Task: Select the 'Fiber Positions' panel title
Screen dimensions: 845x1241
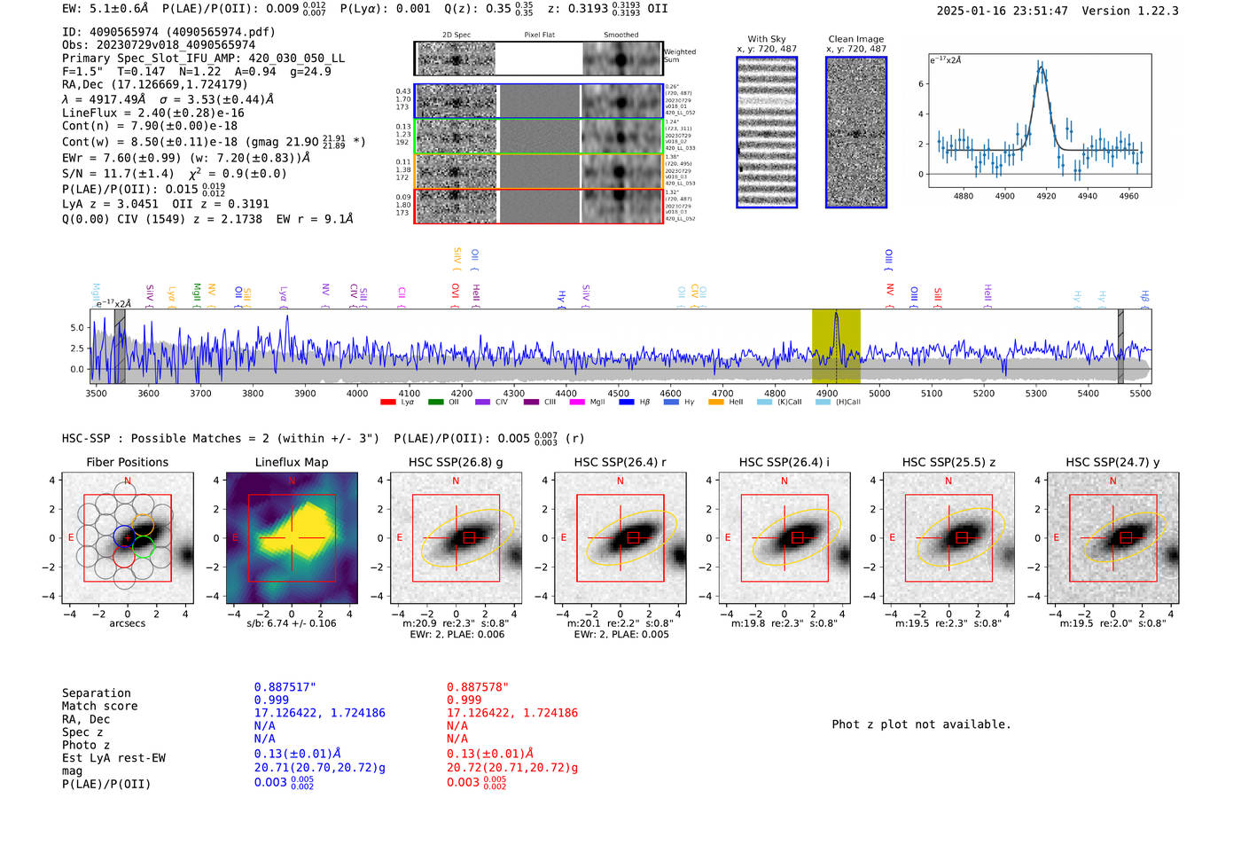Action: (127, 462)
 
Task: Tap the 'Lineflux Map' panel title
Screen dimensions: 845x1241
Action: (291, 462)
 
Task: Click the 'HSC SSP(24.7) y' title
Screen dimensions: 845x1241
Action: (1112, 462)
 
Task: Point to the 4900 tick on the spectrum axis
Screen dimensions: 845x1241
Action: (826, 393)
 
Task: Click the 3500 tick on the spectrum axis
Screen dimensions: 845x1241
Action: (96, 393)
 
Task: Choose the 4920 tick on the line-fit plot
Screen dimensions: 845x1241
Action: (1046, 196)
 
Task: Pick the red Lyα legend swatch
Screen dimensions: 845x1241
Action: (387, 403)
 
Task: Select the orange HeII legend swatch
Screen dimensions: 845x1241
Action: (715, 403)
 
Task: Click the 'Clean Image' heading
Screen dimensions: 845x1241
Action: (855, 39)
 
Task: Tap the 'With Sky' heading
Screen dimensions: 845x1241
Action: (766, 39)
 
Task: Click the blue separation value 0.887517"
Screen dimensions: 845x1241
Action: (285, 687)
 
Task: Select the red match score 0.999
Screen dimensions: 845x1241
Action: (464, 700)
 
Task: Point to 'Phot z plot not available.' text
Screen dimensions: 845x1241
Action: (921, 724)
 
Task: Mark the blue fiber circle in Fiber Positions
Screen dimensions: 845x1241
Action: (123, 536)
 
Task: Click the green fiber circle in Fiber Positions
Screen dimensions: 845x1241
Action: (144, 547)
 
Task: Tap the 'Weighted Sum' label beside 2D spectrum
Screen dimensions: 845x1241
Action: (679, 56)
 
